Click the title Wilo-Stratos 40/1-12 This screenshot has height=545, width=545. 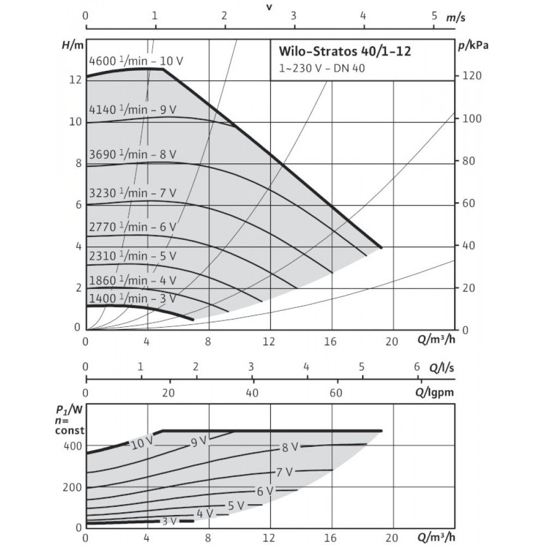[345, 51]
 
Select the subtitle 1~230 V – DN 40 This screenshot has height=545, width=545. [322, 68]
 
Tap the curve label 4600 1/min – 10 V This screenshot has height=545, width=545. [136, 61]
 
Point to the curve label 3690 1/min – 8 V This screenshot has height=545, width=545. [133, 154]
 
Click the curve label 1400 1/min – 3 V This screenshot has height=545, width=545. [133, 299]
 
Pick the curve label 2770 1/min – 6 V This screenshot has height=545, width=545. [133, 227]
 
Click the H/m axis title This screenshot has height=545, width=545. [72, 46]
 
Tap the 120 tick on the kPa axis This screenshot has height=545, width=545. [471, 76]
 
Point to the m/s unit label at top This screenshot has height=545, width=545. [456, 17]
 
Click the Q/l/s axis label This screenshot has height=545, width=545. [441, 368]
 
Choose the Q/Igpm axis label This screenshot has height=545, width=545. [434, 393]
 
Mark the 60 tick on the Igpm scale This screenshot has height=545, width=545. [336, 393]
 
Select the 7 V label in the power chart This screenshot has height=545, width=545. [284, 473]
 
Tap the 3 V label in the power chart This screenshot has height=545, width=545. [169, 521]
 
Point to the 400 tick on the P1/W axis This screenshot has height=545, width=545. [72, 446]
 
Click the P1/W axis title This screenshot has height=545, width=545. [70, 410]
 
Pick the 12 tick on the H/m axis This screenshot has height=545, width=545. [75, 80]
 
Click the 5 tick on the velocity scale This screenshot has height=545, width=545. [434, 16]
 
